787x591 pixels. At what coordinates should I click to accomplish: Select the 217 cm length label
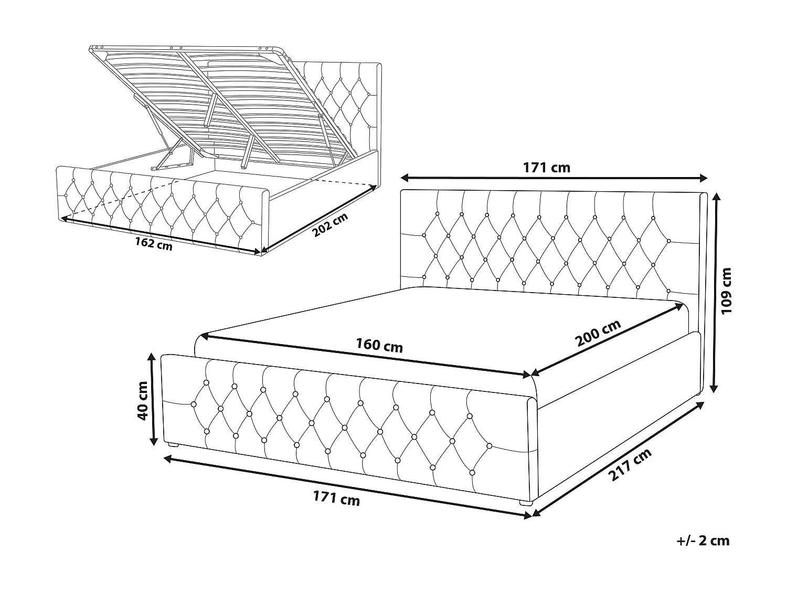coord(630,465)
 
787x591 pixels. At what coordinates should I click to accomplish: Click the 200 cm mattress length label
coord(598,334)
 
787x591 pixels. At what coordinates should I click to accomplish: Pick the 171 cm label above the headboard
coord(546,168)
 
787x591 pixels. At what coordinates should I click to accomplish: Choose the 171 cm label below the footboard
coord(336,497)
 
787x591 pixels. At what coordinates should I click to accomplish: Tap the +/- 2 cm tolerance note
coord(703,541)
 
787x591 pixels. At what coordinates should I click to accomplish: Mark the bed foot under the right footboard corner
coord(525,503)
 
